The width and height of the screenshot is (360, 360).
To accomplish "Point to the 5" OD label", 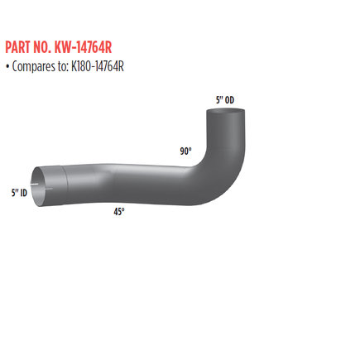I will point(223,100).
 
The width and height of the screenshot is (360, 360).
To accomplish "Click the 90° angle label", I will point(185,151).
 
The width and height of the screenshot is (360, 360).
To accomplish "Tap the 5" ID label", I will point(19,193).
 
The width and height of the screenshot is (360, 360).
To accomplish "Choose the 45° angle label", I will point(119,212).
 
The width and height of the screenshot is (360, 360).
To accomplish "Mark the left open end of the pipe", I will point(37,187).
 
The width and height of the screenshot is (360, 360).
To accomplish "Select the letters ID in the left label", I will point(23,193).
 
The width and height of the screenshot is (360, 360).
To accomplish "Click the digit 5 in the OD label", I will point(218,100).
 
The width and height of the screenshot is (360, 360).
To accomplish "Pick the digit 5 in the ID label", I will point(13,193).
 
